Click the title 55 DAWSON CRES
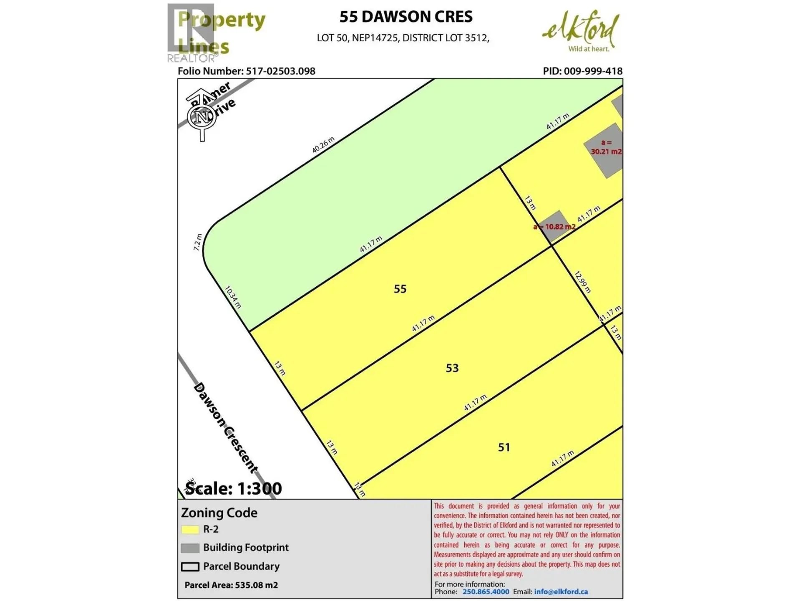coord(406,17)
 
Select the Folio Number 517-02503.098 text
coord(246,71)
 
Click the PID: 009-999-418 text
coord(582,71)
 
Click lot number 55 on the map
coord(400,289)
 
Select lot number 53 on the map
coord(452,368)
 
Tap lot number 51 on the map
coord(504,447)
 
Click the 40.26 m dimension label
coord(323,145)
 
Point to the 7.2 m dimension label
coord(197,242)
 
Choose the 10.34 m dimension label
coord(233,297)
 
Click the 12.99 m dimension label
coord(582,282)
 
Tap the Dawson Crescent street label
coord(225,428)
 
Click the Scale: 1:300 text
coord(234,488)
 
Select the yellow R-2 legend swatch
coord(190,530)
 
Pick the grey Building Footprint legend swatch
coord(190,548)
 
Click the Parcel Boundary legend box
coord(190,567)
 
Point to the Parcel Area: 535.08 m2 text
coord(231,585)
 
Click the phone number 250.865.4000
coord(486,592)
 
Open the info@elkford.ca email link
coord(561,592)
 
